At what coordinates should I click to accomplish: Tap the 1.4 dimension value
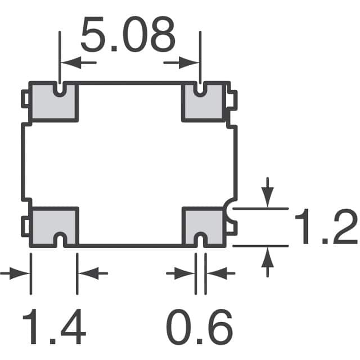tap(53, 329)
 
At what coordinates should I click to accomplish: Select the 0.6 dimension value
tap(199, 329)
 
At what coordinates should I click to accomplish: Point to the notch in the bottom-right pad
tap(200, 241)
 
